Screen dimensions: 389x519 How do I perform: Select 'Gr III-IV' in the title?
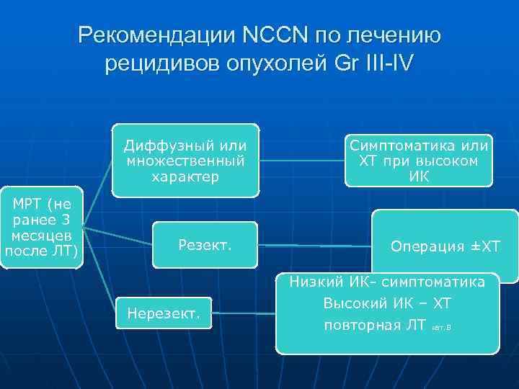point(375,63)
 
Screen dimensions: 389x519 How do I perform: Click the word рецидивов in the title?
point(149,63)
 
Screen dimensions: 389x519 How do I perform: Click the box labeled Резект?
point(205,245)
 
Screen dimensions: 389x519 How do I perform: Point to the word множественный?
point(185,160)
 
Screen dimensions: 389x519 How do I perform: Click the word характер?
point(185,175)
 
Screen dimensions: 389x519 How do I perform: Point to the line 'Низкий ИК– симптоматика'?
point(387,282)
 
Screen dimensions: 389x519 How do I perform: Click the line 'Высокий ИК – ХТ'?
point(387,303)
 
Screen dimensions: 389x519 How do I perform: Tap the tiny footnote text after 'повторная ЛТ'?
point(440,328)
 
